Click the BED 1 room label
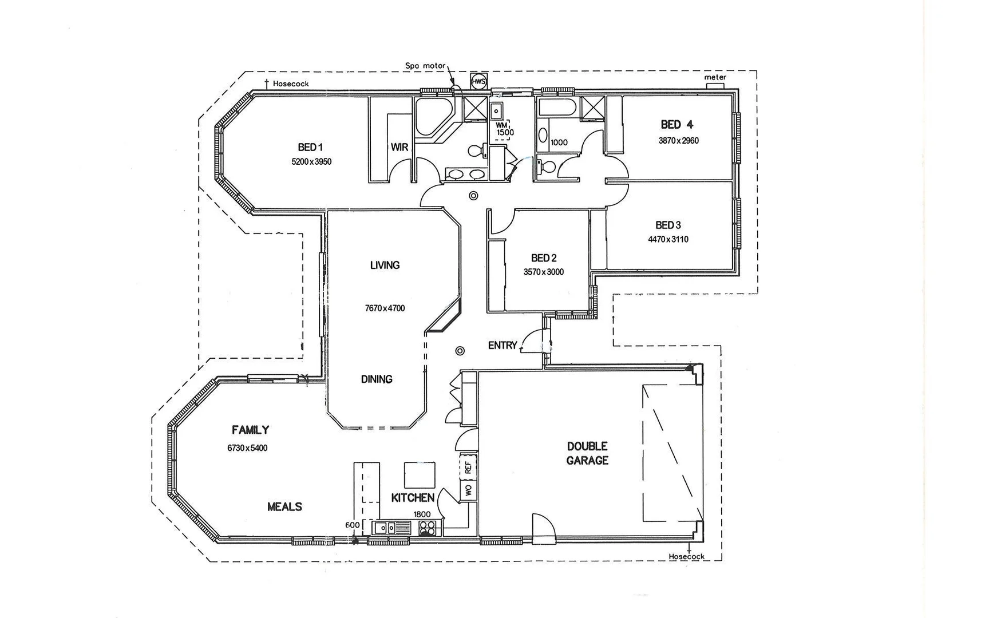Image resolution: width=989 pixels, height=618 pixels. pos(310,148)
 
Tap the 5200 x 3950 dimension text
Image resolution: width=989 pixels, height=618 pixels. pos(311,162)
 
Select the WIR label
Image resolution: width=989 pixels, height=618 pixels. pos(399,148)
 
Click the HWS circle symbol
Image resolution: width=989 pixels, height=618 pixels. pos(478,82)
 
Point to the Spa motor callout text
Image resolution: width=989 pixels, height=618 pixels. pos(425,66)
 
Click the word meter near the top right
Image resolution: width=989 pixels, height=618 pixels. pos(715,77)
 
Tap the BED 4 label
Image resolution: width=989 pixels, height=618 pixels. pos(677,125)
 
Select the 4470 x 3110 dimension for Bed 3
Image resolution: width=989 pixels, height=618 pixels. pos(668,240)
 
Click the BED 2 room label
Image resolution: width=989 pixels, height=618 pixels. pos(544,258)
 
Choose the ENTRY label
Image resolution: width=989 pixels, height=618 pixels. pos(503,346)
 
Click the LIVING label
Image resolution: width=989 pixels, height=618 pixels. pos(385,266)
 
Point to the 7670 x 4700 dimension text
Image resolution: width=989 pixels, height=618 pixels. pos(385,308)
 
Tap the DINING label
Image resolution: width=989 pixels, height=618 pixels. pos(377,379)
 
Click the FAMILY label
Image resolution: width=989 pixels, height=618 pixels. pos(250,430)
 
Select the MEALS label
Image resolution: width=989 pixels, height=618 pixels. pos(284,507)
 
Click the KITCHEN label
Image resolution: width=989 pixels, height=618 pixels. pos(413,498)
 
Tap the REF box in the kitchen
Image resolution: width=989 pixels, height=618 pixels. pos(468,468)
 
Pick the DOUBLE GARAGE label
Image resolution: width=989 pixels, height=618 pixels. pos(587,453)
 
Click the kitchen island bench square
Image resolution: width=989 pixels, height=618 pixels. pos(420,474)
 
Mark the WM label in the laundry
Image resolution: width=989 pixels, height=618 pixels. pos(501,125)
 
